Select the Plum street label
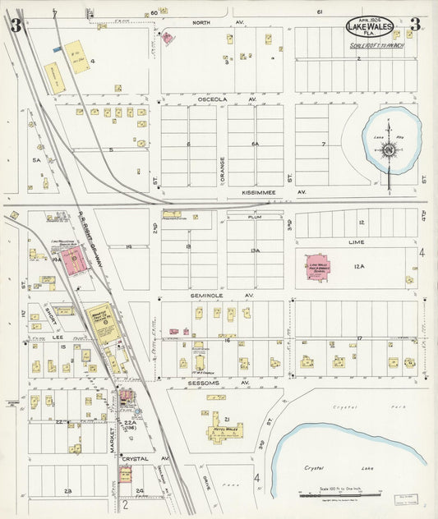[x=254, y=220]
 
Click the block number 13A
[x=255, y=250]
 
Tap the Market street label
[x=117, y=420]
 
